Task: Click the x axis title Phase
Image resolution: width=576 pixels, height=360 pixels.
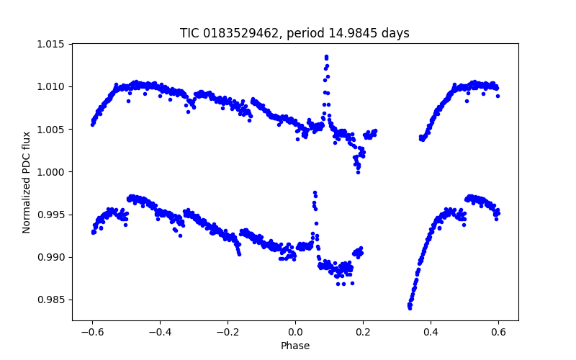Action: tap(295, 346)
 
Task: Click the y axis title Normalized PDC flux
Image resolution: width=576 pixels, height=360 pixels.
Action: tap(27, 182)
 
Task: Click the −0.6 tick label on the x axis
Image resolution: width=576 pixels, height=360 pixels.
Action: tap(91, 332)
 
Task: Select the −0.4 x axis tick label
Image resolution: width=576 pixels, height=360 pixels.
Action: tap(159, 332)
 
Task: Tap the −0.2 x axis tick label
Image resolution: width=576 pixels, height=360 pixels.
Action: tap(227, 332)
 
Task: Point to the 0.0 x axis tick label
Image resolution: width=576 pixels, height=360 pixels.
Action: tap(295, 332)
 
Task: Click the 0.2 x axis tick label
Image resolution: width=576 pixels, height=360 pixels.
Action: tap(363, 332)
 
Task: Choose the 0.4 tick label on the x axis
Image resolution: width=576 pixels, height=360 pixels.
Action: tap(431, 332)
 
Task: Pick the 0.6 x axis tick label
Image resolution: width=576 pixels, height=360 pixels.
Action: tap(498, 332)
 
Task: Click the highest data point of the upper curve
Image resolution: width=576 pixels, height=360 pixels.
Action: tap(326, 56)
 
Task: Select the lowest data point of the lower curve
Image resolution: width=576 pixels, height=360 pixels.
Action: tap(410, 308)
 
